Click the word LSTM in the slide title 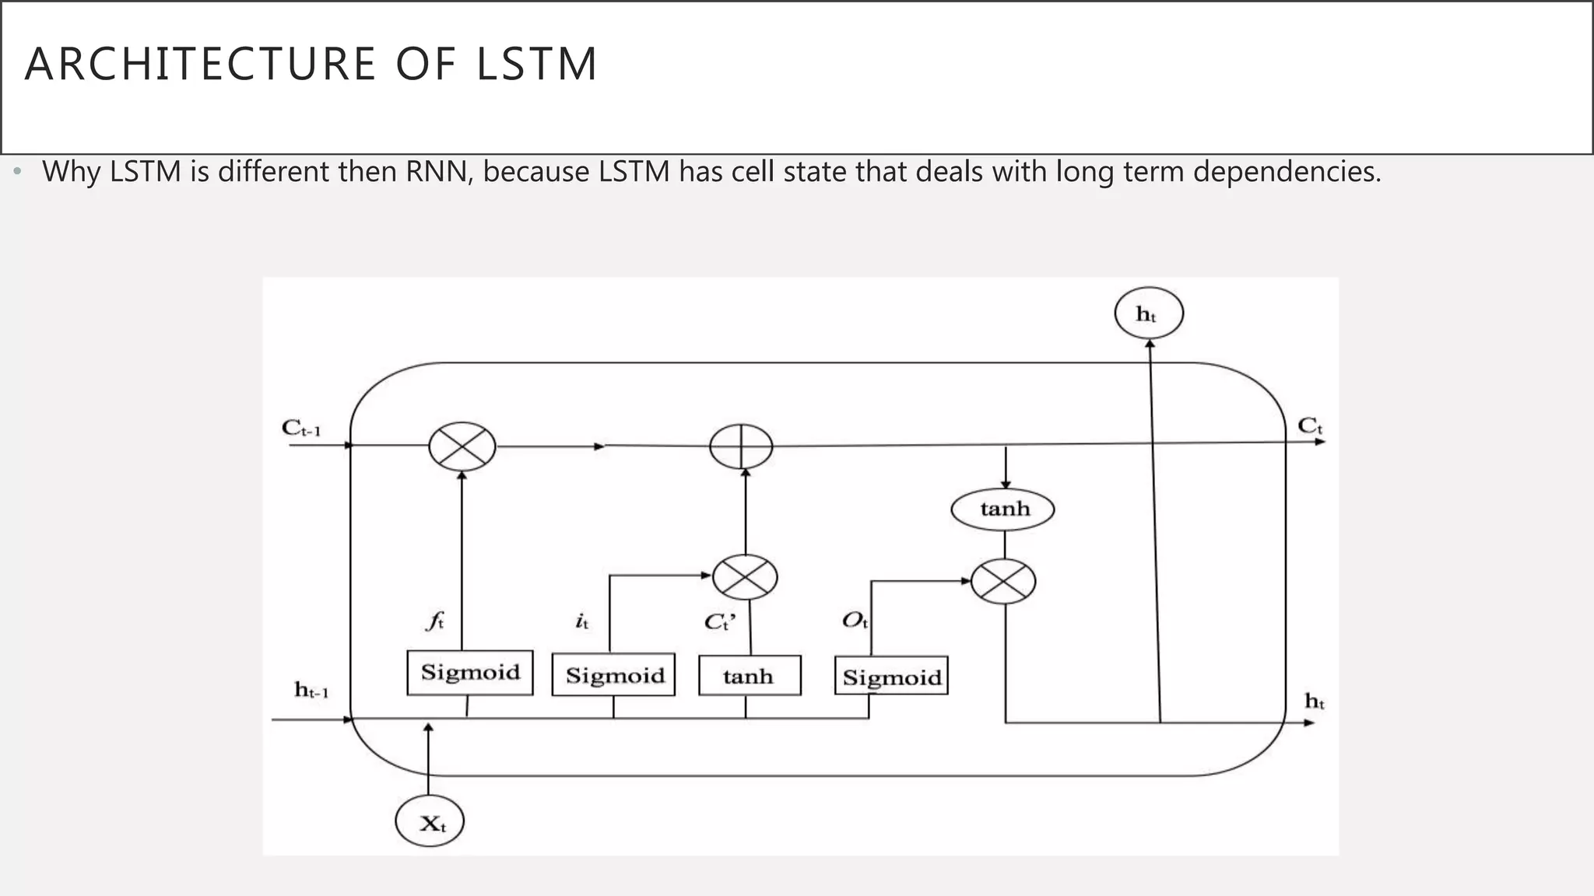coord(535,64)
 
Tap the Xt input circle coord(430,822)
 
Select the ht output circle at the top coord(1148,314)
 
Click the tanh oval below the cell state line coord(1003,509)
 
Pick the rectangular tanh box coord(749,675)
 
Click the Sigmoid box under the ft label coord(470,672)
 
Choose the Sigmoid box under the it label coord(614,674)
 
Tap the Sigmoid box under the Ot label coord(891,677)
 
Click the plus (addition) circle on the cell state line coord(741,447)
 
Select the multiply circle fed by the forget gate coord(462,446)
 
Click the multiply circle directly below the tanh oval coord(1003,582)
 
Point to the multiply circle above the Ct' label coord(745,577)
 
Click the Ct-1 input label coord(301,429)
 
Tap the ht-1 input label coord(311,691)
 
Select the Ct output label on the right coord(1310,426)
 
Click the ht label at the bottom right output coord(1315,702)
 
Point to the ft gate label coord(435,621)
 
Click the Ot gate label coord(855,621)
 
